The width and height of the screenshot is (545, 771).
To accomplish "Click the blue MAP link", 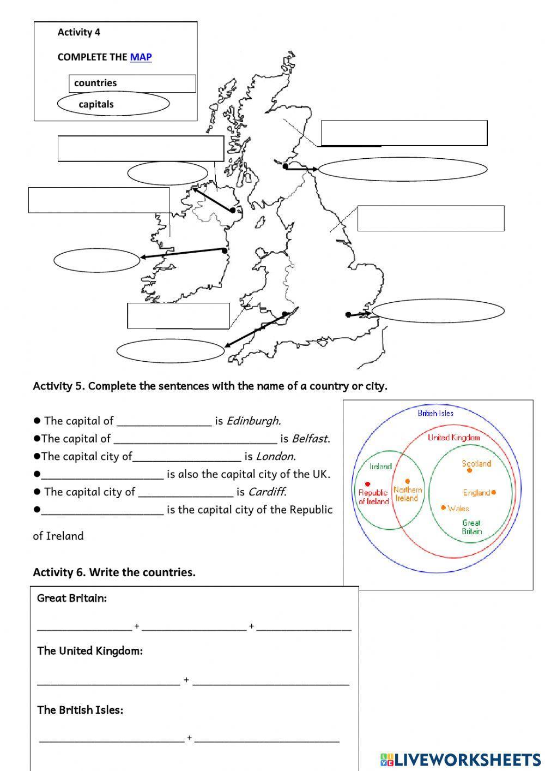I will point(141,57).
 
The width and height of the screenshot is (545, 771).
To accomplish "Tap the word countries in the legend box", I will point(95,83).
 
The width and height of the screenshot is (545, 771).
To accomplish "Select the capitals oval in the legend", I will point(113,104).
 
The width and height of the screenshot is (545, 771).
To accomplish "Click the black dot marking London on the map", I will point(348,314).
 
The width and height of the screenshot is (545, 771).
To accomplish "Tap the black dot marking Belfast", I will point(233,210).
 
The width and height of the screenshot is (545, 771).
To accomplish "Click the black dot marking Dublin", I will point(225,250).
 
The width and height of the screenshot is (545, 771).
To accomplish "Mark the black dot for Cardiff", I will point(284,314).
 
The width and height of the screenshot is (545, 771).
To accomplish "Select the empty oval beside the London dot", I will point(438,311).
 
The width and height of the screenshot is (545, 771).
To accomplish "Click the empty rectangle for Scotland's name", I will point(404,133).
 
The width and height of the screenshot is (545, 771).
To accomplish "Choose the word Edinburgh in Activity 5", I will point(253,421).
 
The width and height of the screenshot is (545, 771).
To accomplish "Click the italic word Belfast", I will point(310,438).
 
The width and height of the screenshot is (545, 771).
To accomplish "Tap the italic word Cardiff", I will point(267,492).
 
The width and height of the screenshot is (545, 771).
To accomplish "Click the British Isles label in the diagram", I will point(435,413).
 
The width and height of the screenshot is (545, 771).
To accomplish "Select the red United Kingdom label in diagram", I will point(453,437).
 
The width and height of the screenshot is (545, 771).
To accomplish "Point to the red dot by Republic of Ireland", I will point(368,484).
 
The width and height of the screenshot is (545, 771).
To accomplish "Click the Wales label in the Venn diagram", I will point(458,508).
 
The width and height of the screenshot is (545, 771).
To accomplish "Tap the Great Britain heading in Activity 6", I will point(72,598).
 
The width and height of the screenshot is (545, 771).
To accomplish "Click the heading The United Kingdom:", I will point(90,651).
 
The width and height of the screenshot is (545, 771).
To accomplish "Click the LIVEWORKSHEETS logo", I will point(461,759).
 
